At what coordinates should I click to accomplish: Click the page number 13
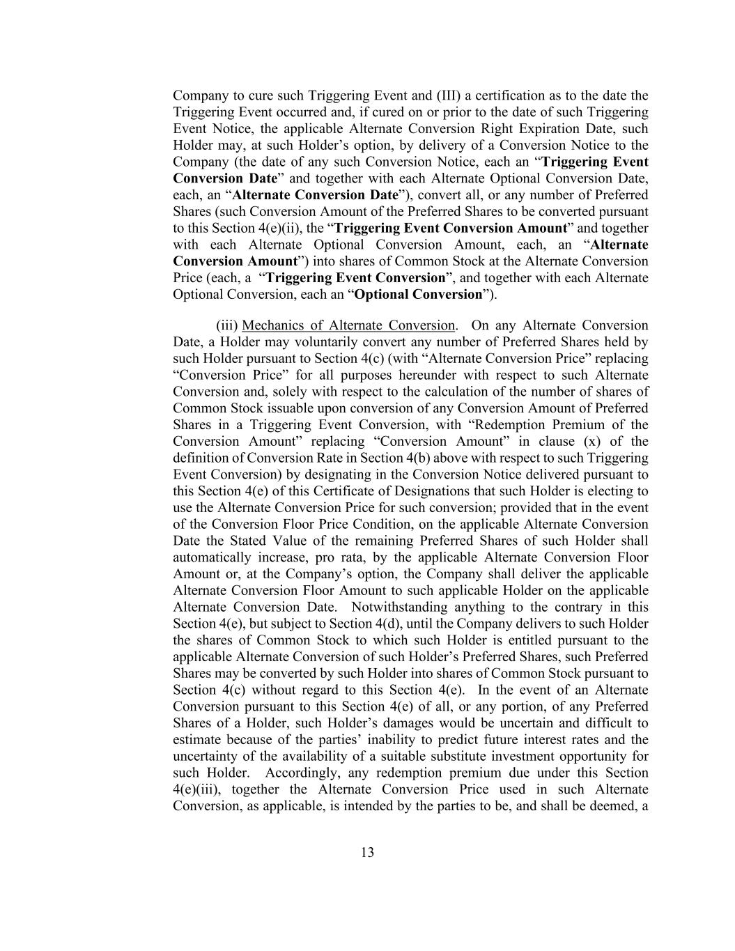pyautogui.click(x=367, y=852)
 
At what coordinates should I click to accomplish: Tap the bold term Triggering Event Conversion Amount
pyautogui.click(x=451, y=228)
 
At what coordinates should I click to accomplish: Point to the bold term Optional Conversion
pyautogui.click(x=419, y=294)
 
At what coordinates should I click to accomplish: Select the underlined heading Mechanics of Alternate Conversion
pyautogui.click(x=348, y=325)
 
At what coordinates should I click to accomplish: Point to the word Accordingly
pyautogui.click(x=302, y=773)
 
